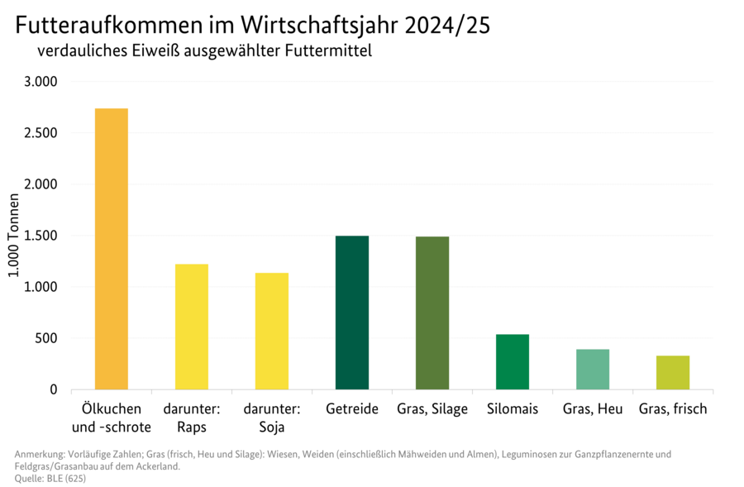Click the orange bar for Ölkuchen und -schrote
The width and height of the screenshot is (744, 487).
(x=112, y=249)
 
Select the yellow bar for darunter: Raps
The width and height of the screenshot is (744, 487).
(x=192, y=327)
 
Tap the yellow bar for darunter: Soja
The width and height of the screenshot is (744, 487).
(x=272, y=331)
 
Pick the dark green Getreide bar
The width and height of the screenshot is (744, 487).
(x=352, y=313)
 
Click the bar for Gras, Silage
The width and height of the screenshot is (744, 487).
(x=432, y=313)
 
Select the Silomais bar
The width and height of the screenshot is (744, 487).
(x=513, y=361)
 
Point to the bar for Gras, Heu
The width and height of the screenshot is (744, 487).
(x=593, y=369)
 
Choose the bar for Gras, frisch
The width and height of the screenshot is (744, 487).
(x=673, y=372)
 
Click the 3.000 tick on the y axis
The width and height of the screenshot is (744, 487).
(x=40, y=82)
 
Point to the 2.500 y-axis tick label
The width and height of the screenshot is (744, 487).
(x=40, y=133)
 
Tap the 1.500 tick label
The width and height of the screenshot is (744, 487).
(x=40, y=236)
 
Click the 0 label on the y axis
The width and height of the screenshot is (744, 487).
(x=53, y=389)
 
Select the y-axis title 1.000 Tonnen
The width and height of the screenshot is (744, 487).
(x=14, y=236)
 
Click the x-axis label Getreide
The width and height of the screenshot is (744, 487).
(x=352, y=409)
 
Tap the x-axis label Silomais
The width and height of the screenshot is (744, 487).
(x=513, y=409)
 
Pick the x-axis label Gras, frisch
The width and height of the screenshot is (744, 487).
(x=673, y=409)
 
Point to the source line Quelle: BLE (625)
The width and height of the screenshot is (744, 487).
(x=50, y=478)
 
